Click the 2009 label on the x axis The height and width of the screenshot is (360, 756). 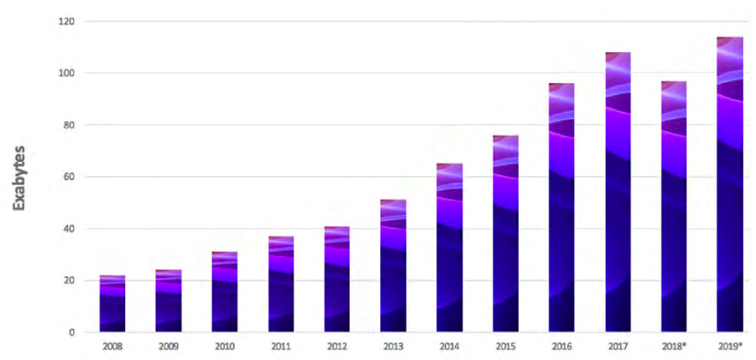click(x=168, y=346)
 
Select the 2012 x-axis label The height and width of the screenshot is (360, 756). click(x=336, y=346)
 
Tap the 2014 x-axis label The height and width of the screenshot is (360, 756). click(x=449, y=346)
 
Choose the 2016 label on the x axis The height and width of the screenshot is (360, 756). click(x=560, y=346)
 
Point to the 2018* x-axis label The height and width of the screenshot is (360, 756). click(x=674, y=346)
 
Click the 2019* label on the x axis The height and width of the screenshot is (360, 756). click(x=730, y=346)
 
